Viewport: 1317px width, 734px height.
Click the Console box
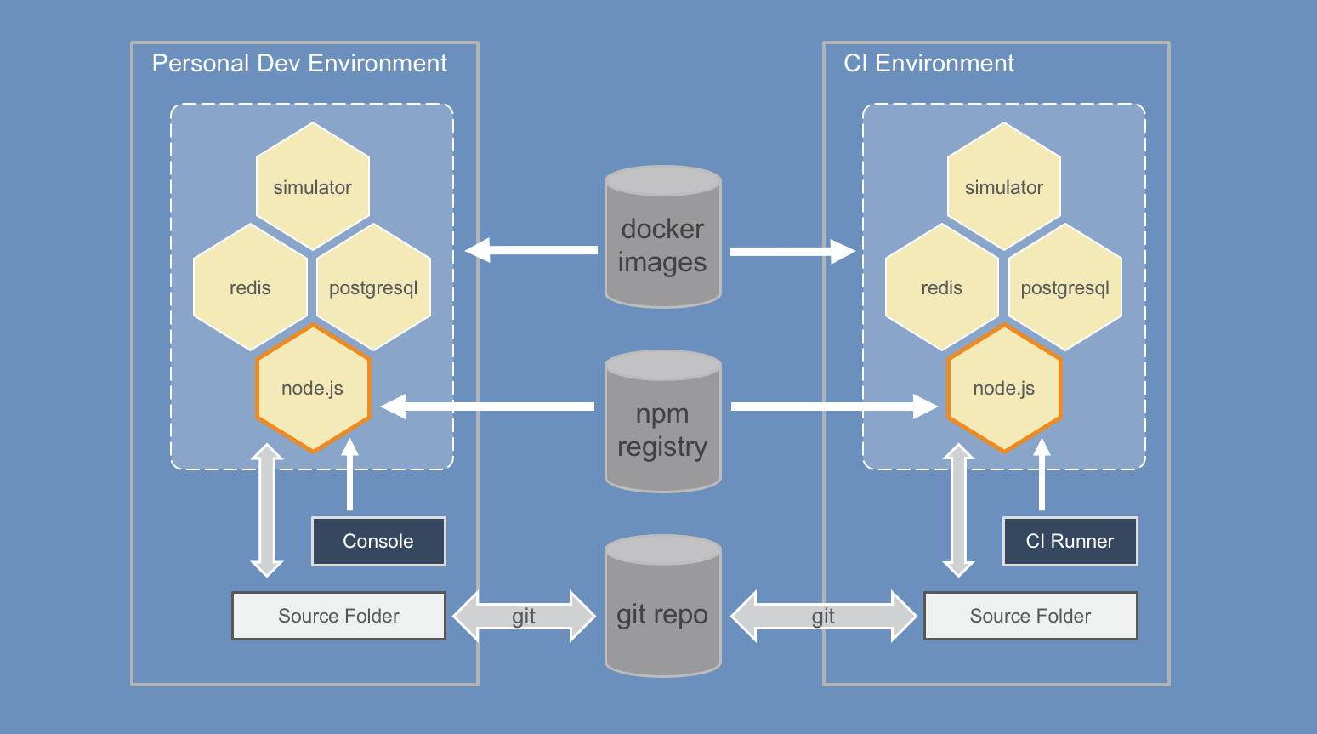[378, 541]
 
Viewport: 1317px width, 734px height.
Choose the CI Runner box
[1070, 541]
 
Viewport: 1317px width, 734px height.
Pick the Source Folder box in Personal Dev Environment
[338, 616]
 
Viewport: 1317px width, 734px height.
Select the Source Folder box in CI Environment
[1030, 616]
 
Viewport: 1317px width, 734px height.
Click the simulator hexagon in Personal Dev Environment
[312, 187]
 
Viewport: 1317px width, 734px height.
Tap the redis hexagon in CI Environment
[941, 287]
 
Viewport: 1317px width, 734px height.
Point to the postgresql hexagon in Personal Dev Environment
[373, 287]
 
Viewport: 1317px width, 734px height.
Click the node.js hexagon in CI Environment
[1004, 389]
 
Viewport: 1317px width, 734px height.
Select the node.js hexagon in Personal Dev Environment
[313, 389]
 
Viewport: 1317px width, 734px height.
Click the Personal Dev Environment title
[299, 64]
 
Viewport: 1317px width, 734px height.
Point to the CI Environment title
[928, 64]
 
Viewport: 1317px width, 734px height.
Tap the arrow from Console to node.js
[349, 476]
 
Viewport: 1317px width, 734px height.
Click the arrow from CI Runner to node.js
[1042, 476]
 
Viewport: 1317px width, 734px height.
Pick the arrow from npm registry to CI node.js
[833, 407]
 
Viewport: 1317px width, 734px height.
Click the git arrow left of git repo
[524, 616]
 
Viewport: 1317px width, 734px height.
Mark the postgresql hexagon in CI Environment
[1064, 287]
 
